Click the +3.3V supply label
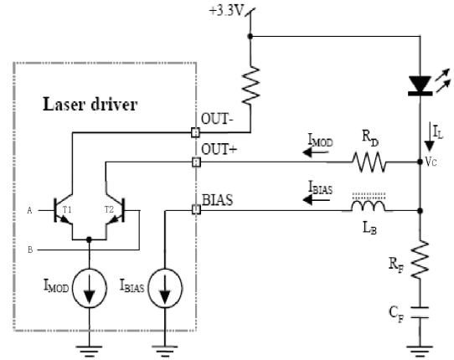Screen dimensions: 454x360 226,11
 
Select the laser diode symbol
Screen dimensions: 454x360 420,85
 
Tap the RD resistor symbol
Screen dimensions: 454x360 369,162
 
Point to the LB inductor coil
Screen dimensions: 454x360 369,205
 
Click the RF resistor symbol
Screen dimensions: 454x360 420,260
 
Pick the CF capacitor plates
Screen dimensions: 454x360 420,312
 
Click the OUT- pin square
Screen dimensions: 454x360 196,132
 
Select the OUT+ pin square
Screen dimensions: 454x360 196,162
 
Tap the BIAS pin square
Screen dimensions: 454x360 196,209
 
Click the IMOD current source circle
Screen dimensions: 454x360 90,288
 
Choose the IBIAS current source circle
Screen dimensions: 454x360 165,288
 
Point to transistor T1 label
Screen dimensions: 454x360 67,209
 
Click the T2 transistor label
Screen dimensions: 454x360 109,209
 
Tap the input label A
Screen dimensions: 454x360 29,210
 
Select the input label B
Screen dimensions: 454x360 30,249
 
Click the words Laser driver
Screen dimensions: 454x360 90,104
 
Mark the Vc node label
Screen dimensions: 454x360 431,162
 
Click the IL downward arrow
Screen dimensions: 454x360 429,136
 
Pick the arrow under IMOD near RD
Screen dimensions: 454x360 316,152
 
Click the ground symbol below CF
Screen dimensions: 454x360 420,351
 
